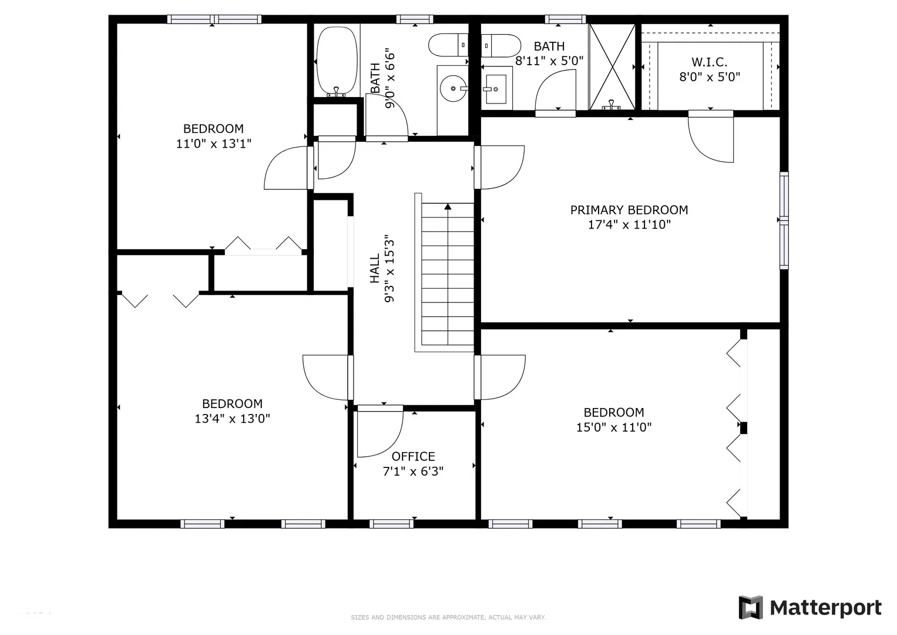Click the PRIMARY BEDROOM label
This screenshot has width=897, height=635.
[629, 210]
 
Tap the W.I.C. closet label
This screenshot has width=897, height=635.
[709, 62]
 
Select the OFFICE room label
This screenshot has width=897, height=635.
[414, 456]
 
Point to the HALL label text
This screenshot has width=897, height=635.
[374, 268]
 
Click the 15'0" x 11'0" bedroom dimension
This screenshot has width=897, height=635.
[614, 427]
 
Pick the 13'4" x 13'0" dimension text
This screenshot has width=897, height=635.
[232, 419]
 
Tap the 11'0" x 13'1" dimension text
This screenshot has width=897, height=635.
[214, 143]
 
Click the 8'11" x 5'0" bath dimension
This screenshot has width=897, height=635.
[549, 61]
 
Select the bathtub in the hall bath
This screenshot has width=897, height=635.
[337, 61]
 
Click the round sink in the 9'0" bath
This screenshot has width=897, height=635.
[453, 88]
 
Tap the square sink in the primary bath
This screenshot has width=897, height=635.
[496, 89]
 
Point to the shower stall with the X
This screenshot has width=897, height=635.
[612, 66]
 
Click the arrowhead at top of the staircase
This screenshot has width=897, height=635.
[448, 207]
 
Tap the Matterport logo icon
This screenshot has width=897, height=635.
[750, 607]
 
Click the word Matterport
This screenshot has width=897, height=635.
[826, 608]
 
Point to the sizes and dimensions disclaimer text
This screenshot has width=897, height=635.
[448, 617]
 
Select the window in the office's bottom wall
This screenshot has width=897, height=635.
[391, 523]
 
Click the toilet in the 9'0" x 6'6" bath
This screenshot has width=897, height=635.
[449, 45]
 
